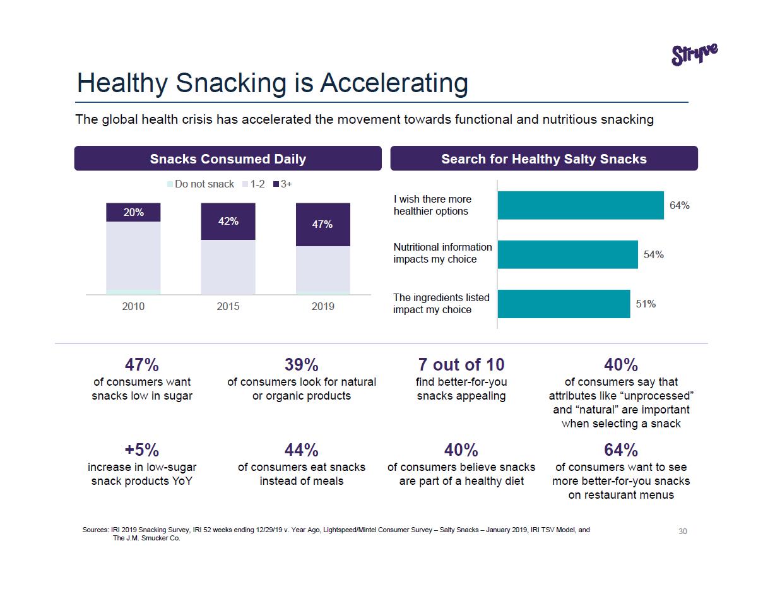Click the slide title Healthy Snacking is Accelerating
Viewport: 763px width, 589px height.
pyautogui.click(x=272, y=83)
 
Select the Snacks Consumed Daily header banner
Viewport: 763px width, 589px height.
pyautogui.click(x=228, y=158)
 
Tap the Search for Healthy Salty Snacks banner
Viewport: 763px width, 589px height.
pyautogui.click(x=543, y=158)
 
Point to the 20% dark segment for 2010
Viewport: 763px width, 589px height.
pyautogui.click(x=133, y=213)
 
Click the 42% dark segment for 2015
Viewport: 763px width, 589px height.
pyautogui.click(x=228, y=222)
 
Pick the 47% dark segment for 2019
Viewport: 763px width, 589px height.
pyautogui.click(x=322, y=225)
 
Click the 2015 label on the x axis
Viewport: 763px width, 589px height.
pyautogui.click(x=228, y=306)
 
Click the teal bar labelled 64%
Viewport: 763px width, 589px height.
pyautogui.click(x=580, y=205)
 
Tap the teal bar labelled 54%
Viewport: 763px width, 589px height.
pyautogui.click(x=567, y=254)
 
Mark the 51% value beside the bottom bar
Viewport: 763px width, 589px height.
pyautogui.click(x=646, y=304)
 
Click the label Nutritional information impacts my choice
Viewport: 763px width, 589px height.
pyautogui.click(x=442, y=253)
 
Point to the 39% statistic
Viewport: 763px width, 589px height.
pyautogui.click(x=301, y=365)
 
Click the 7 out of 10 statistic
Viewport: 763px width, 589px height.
pyautogui.click(x=461, y=365)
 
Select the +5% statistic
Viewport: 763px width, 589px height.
pyautogui.click(x=142, y=450)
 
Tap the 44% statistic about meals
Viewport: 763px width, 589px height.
pyautogui.click(x=301, y=450)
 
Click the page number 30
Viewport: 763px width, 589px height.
pyautogui.click(x=683, y=532)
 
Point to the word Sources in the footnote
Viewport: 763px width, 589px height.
pyautogui.click(x=95, y=530)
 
